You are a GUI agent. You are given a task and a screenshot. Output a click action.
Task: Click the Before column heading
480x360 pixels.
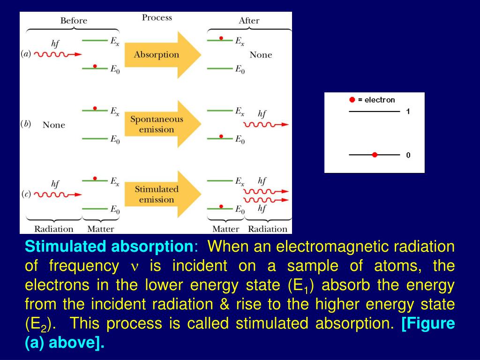[74, 21]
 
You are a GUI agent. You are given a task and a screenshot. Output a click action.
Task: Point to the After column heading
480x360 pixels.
[249, 21]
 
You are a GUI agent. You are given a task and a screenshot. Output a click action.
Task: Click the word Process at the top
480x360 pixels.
[157, 18]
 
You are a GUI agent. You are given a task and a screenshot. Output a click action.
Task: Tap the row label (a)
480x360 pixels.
[26, 54]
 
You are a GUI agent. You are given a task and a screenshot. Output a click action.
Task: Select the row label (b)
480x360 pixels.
[26, 124]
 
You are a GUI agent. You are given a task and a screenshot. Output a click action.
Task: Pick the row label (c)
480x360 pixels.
[26, 194]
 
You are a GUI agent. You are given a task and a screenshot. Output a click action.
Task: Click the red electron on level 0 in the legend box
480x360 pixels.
[374, 155]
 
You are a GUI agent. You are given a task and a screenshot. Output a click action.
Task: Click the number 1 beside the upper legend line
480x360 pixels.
[408, 112]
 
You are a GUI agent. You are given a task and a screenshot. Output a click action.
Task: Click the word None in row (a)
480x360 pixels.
[261, 55]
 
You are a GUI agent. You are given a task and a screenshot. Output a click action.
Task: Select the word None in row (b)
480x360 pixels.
[54, 125]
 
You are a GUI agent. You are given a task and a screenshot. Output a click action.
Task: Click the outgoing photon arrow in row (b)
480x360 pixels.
[266, 125]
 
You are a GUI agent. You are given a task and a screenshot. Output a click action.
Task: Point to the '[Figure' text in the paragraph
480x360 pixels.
[428, 323]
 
